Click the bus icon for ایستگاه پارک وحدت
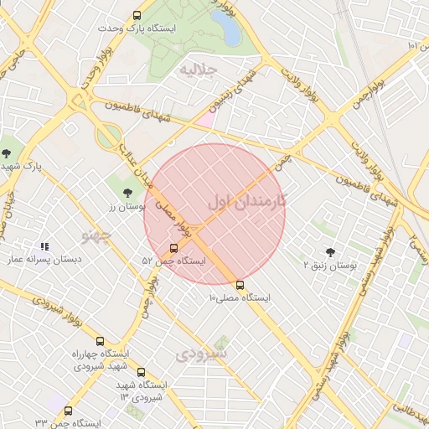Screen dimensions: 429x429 [x=137, y=15]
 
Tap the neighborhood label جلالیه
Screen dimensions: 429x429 [x=199, y=69]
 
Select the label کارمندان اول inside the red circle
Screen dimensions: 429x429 [x=246, y=201]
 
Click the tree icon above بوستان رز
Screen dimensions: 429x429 [x=127, y=193]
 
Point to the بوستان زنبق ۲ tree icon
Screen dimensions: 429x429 [x=329, y=252]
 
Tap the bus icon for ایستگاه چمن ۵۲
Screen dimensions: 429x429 [x=173, y=248]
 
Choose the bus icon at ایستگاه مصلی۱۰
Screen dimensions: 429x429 [x=240, y=285]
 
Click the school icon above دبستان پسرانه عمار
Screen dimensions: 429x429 [x=44, y=247]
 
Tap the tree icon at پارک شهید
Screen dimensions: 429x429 [x=7, y=152]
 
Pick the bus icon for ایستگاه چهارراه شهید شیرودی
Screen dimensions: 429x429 [x=100, y=341]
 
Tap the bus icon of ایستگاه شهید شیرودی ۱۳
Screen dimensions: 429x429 [x=140, y=371]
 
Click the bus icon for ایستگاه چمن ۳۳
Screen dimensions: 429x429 [x=68, y=411]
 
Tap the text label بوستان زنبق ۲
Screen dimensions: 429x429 [x=330, y=266]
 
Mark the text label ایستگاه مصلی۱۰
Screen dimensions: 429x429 [x=240, y=298]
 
